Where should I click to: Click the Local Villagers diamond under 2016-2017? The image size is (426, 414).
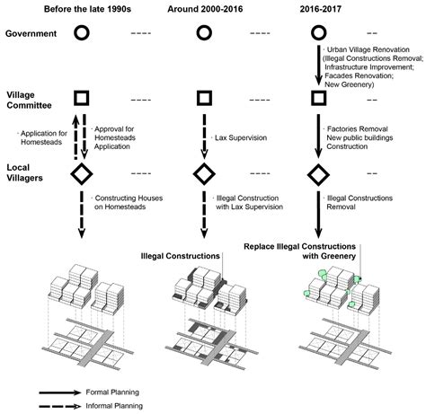point(318,172)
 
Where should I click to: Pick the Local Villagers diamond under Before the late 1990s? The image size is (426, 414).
point(81,172)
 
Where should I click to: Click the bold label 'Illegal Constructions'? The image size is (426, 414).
point(178,256)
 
